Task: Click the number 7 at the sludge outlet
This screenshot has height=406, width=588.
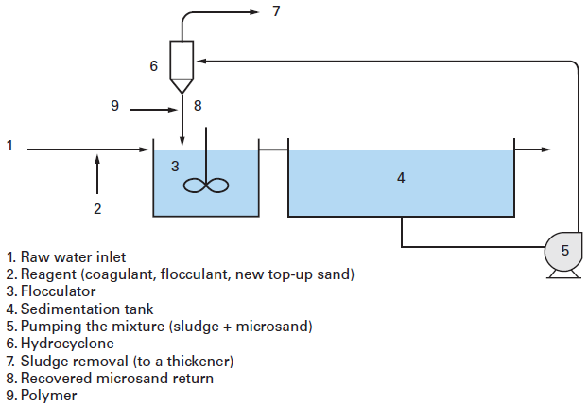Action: tap(276, 11)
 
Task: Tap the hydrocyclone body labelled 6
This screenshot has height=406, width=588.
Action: tap(182, 59)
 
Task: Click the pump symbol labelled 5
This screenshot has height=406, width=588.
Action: tap(564, 251)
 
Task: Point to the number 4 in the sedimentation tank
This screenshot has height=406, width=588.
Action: tap(401, 177)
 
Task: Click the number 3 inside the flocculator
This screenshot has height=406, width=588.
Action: tap(175, 166)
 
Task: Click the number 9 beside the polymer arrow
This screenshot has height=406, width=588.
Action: tap(114, 106)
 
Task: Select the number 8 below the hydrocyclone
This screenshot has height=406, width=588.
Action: tap(197, 106)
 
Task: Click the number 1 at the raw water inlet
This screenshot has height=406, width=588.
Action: tap(9, 146)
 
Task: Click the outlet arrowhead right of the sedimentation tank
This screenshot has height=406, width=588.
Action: tap(545, 150)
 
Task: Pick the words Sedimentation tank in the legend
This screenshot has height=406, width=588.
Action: tap(85, 309)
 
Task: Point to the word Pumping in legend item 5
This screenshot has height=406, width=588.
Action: tap(49, 327)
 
